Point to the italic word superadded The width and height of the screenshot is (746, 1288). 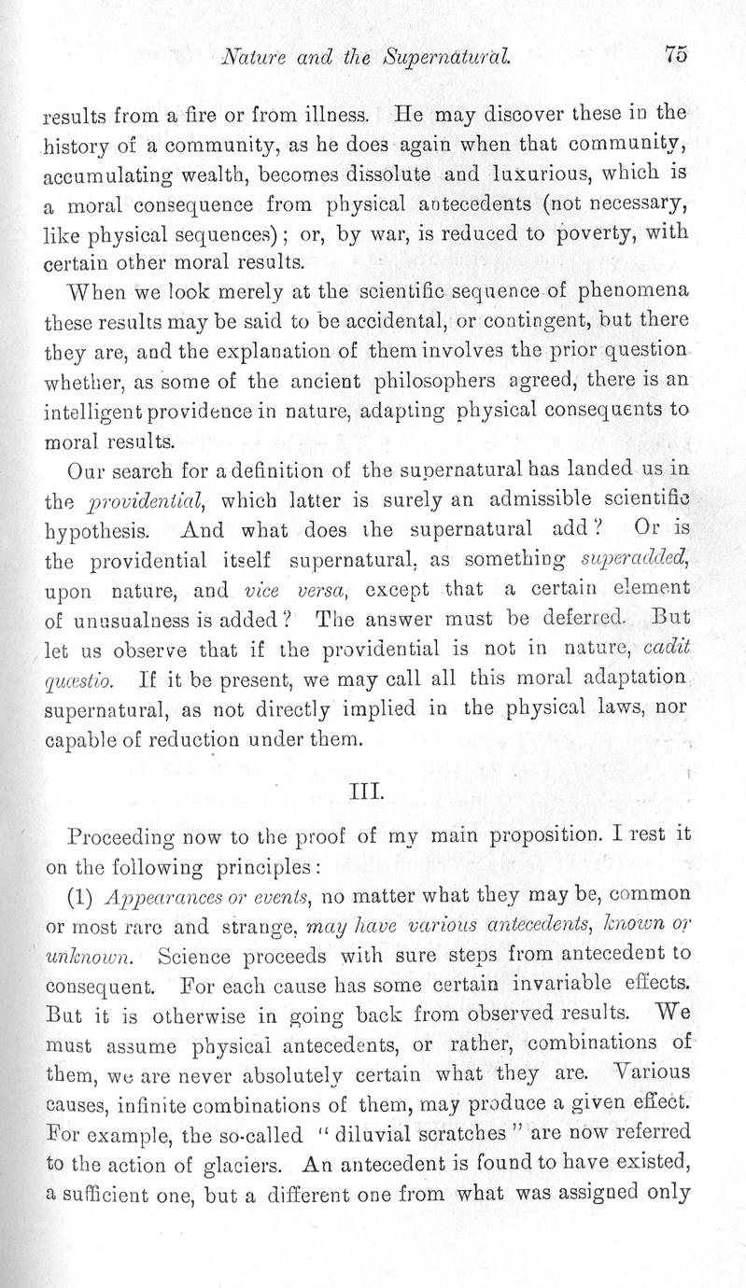(645, 561)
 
